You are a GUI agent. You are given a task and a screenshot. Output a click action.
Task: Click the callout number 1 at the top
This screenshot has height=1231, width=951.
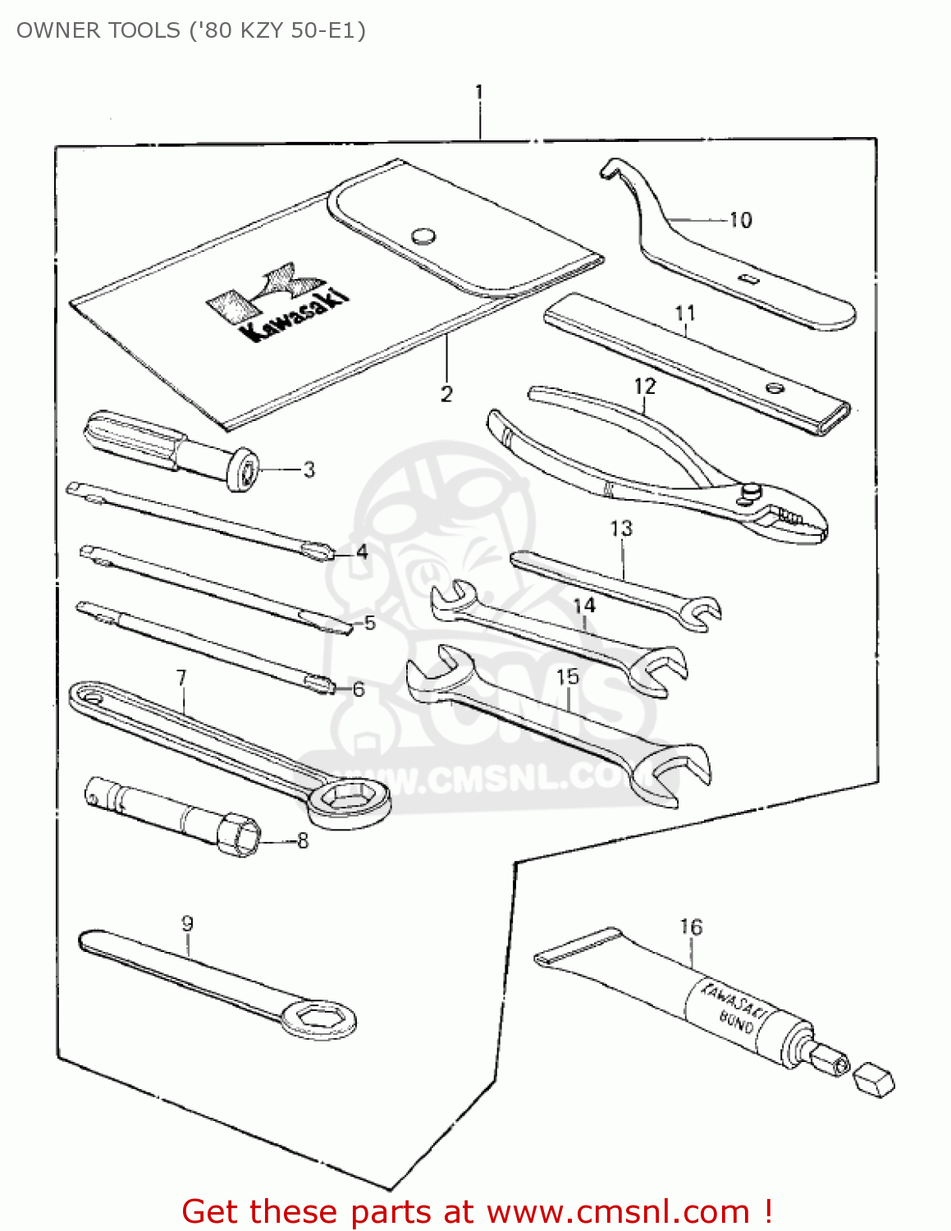click(479, 92)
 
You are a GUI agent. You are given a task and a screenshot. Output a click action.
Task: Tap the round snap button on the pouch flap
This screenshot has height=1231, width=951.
click(423, 236)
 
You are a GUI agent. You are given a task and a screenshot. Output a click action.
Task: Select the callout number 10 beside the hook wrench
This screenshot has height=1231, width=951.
click(740, 220)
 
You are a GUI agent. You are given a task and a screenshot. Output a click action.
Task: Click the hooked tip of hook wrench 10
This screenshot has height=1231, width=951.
click(608, 169)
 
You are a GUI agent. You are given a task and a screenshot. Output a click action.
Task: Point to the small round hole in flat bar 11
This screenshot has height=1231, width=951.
click(773, 388)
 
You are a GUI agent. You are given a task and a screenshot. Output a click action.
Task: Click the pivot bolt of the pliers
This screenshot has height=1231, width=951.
click(751, 490)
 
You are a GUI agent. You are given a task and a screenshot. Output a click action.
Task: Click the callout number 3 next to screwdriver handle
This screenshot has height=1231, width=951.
click(309, 470)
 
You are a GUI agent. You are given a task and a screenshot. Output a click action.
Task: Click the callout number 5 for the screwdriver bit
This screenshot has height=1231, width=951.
click(370, 623)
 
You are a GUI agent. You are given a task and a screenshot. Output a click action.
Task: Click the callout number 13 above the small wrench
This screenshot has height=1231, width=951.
click(621, 529)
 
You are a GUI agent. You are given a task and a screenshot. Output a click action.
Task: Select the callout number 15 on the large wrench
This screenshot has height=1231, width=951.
click(568, 677)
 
